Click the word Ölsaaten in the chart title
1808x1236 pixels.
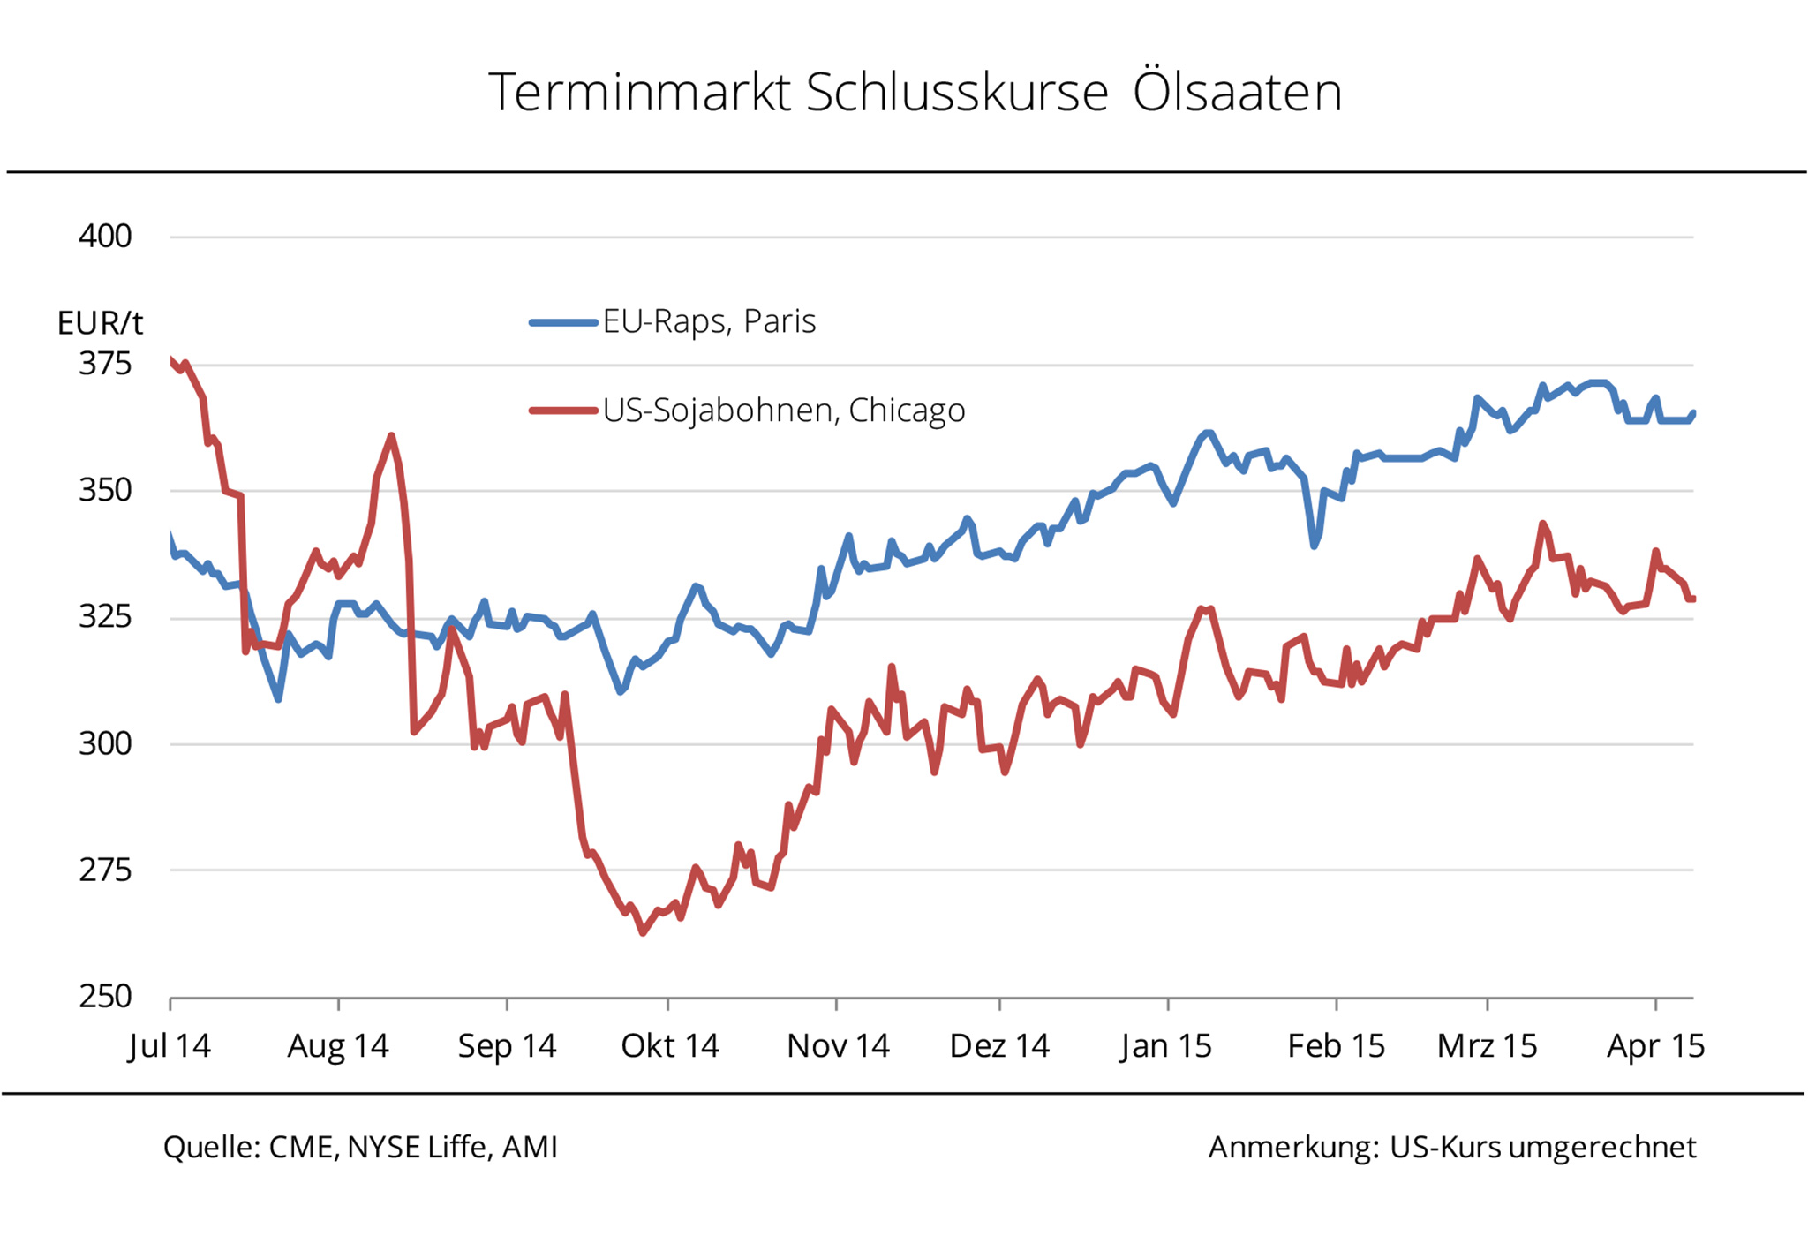pyautogui.click(x=1237, y=92)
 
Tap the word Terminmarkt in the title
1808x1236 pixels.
pyautogui.click(x=639, y=92)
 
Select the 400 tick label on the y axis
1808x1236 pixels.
pyautogui.click(x=105, y=237)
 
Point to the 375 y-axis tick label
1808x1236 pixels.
pyautogui.click(x=105, y=364)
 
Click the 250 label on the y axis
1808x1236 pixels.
pyautogui.click(x=105, y=997)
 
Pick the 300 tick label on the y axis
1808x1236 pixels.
pyautogui.click(x=105, y=744)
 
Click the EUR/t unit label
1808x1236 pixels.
pyautogui.click(x=100, y=323)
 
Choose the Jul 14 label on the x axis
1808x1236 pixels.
pyautogui.click(x=169, y=1046)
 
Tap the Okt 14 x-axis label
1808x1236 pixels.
pyautogui.click(x=670, y=1046)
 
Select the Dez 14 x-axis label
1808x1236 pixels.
pyautogui.click(x=999, y=1046)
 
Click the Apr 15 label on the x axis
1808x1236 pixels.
pyautogui.click(x=1655, y=1046)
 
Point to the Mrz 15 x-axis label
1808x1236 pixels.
pyautogui.click(x=1488, y=1046)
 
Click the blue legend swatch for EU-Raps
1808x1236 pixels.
pyautogui.click(x=563, y=323)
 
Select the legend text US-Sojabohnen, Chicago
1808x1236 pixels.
pyautogui.click(x=784, y=411)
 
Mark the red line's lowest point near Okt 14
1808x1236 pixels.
pyautogui.click(x=643, y=932)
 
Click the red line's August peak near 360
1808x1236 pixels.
pyautogui.click(x=391, y=436)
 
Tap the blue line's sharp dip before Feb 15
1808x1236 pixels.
pyautogui.click(x=1315, y=546)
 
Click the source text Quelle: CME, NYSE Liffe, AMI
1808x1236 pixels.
pyautogui.click(x=360, y=1148)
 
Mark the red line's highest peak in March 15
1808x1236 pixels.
pyautogui.click(x=1542, y=524)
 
